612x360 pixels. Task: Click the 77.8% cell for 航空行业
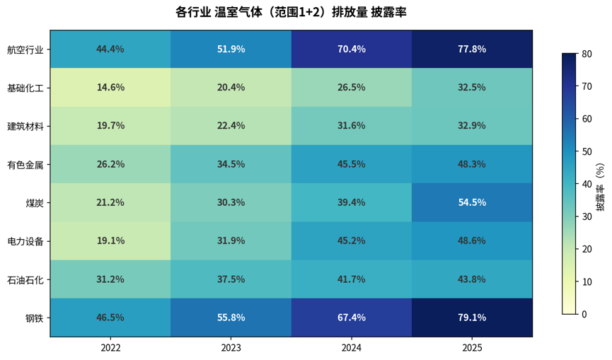472,49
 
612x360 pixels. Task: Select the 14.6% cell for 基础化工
110,88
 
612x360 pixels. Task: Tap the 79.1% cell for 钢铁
472,318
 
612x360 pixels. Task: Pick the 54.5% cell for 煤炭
472,202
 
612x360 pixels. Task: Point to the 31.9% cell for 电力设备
231,240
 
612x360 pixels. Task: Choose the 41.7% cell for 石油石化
351,279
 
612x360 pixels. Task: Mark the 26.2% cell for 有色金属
110,164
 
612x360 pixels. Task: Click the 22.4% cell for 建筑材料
231,126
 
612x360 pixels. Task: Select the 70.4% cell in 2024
351,49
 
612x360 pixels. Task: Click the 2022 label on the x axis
110,347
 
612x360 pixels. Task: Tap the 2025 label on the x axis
472,347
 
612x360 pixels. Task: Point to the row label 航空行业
25,50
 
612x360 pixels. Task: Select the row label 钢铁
35,318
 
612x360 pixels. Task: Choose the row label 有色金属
25,165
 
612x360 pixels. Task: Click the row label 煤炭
35,203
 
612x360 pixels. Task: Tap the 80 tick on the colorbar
587,54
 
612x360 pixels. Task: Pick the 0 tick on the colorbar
584,314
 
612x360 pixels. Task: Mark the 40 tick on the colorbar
587,184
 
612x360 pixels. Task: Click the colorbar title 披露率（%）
600,187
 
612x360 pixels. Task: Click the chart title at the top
291,12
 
